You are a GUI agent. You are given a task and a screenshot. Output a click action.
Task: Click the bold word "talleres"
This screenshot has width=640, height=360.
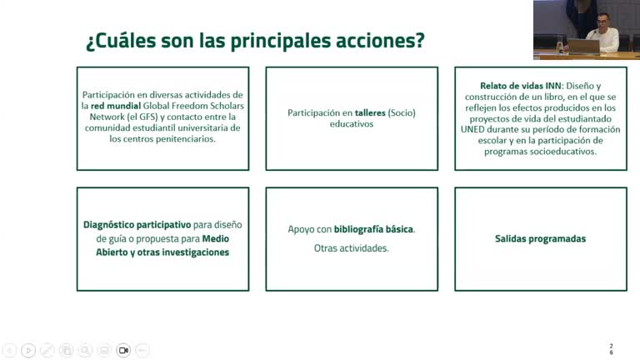click(372, 112)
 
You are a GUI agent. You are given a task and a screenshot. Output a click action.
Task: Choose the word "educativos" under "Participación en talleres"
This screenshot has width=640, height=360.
click(352, 124)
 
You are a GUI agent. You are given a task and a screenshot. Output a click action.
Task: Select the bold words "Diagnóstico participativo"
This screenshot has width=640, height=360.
click(137, 224)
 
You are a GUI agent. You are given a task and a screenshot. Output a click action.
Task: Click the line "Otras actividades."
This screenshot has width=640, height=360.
click(351, 248)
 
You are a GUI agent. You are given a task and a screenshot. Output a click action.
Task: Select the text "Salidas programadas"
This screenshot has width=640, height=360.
click(540, 238)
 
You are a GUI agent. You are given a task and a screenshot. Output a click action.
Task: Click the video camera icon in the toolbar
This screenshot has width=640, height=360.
click(123, 351)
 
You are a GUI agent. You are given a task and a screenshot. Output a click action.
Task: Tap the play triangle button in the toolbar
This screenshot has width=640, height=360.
click(28, 351)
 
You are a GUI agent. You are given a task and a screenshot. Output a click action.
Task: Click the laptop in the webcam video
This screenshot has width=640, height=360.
click(582, 46)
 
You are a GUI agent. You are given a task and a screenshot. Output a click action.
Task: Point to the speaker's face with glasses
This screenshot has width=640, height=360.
click(603, 22)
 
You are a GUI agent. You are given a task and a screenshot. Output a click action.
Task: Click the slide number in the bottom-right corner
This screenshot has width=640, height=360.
click(612, 348)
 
